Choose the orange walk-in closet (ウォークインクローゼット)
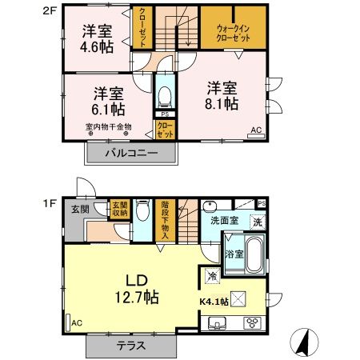233,31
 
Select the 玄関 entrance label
79,210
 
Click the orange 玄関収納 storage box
119,209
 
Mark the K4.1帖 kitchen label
214,302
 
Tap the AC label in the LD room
76,322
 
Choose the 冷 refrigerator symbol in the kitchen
213,275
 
